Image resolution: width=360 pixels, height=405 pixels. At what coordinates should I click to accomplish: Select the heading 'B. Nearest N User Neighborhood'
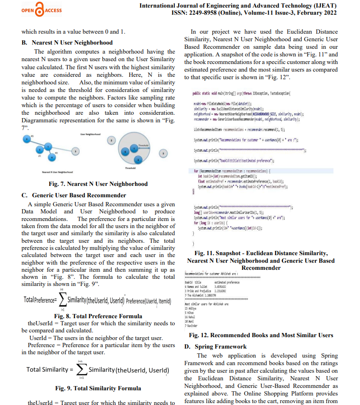pos(67,42)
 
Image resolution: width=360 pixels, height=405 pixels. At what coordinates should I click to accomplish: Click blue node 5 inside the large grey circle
pos(125,151)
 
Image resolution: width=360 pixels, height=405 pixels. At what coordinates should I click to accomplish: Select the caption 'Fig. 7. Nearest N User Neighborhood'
pos(98,184)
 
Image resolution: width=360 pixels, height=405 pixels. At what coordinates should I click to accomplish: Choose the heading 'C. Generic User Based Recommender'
pos(74,195)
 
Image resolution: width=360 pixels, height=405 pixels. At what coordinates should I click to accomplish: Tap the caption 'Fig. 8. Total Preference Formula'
pos(98,315)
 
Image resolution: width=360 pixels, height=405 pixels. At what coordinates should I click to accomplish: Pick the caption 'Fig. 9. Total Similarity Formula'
pos(98,388)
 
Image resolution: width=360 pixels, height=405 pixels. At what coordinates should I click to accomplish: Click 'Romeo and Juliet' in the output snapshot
pos(196,287)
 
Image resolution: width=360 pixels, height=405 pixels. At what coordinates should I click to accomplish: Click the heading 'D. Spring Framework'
pos(216,347)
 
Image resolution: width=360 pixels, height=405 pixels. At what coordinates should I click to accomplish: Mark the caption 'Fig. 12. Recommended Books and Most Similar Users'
pos(261,335)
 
